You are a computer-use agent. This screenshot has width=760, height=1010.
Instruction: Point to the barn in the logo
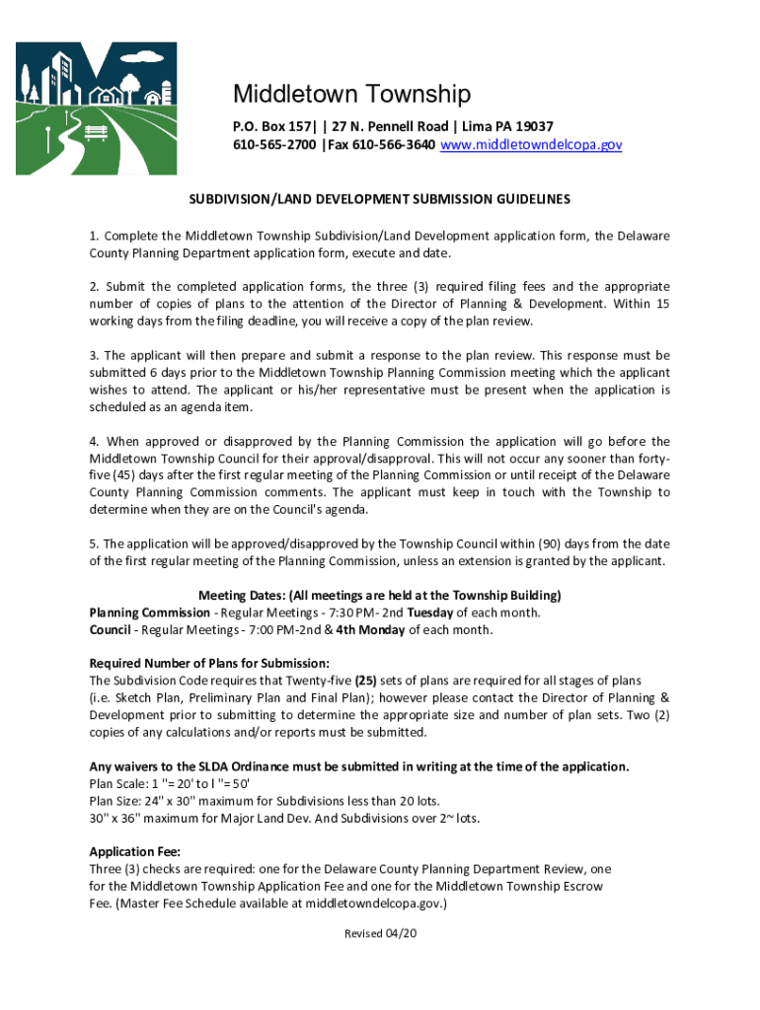[x=153, y=97]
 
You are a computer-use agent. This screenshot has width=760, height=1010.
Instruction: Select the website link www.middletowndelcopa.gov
[x=531, y=144]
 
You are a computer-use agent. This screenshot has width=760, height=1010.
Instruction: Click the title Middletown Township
[x=351, y=95]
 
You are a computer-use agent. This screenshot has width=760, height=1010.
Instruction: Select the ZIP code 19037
[x=532, y=126]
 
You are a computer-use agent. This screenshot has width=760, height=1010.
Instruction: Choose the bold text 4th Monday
[x=373, y=629]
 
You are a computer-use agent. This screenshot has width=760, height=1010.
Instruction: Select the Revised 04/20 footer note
[x=380, y=934]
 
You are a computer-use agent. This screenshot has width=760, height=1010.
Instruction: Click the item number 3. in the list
[x=94, y=355]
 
